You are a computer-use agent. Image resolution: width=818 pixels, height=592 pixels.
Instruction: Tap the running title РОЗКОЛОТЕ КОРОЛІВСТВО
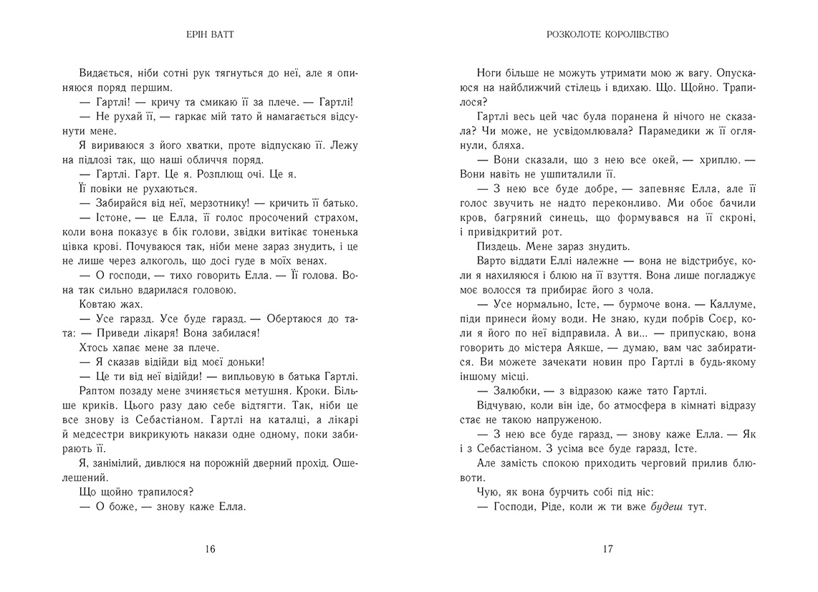[607, 34]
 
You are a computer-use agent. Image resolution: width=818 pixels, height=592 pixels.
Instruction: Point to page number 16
[209, 550]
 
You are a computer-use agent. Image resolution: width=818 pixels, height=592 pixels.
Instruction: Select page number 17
[607, 550]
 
